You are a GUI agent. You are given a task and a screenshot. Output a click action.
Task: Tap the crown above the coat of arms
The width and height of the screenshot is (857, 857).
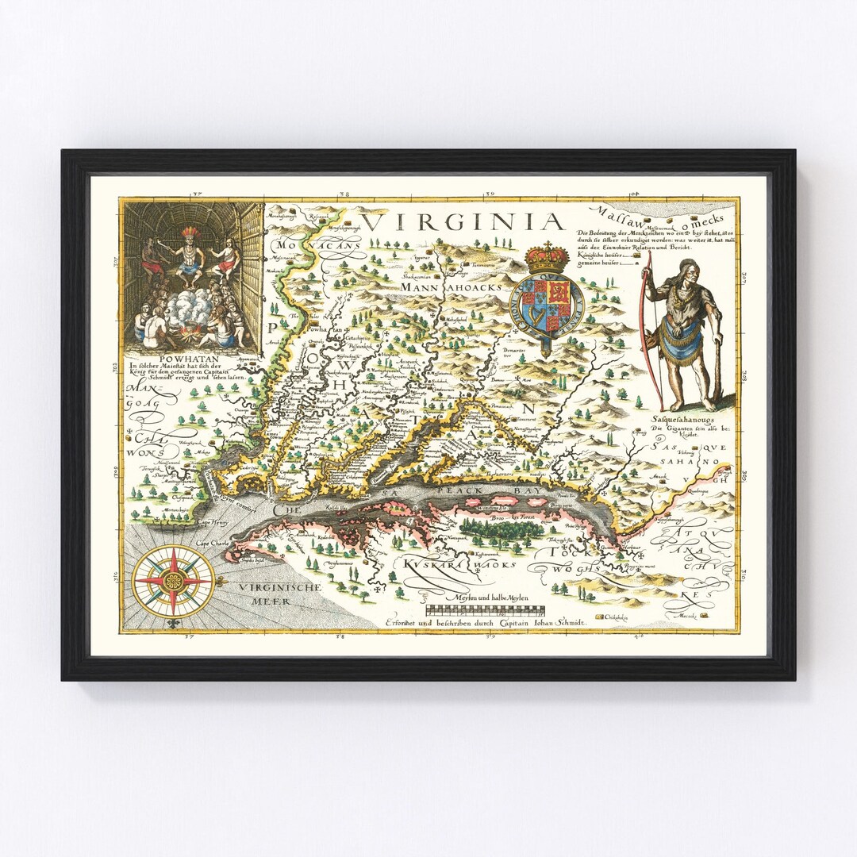[547, 258]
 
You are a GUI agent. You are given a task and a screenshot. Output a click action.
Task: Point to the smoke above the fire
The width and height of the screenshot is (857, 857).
[189, 306]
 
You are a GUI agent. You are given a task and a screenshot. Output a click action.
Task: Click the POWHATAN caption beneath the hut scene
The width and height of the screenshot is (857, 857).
[194, 358]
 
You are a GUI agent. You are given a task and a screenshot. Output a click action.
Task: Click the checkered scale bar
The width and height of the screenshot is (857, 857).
[486, 611]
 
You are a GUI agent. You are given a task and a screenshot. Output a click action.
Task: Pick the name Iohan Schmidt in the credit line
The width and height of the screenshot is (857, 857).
[555, 624]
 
